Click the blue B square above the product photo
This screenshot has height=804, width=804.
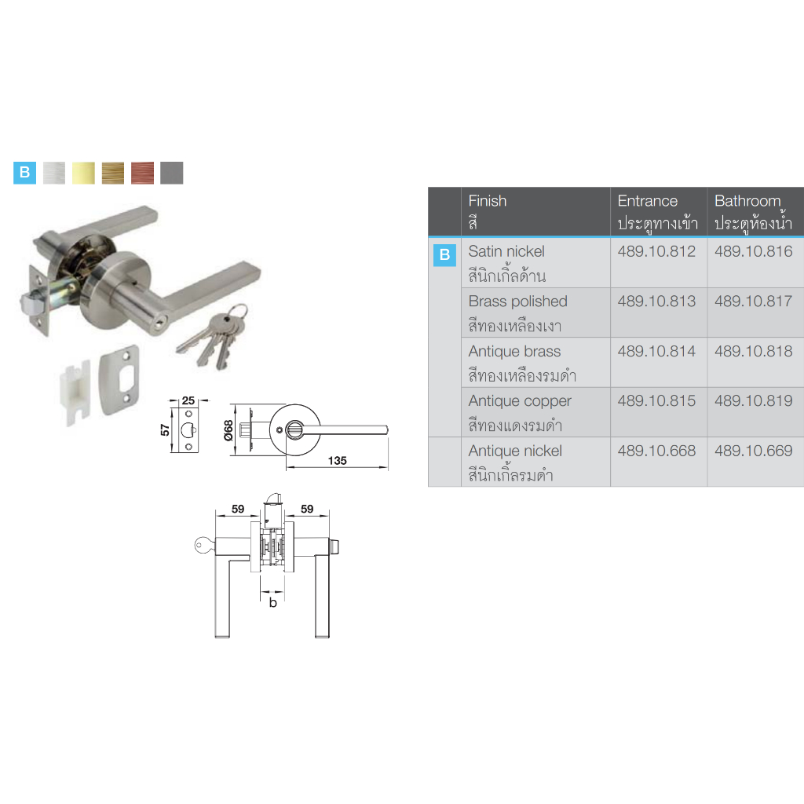point(24,173)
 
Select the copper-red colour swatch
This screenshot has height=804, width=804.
point(143,173)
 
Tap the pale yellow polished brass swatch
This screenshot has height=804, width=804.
point(83,173)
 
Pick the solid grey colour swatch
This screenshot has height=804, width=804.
point(172,173)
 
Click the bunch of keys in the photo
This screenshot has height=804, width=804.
point(214,335)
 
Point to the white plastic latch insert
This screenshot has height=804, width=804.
point(75,392)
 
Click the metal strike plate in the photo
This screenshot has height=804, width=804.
point(119,379)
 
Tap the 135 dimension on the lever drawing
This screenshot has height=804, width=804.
point(338,460)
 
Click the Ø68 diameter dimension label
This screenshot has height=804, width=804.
point(228,430)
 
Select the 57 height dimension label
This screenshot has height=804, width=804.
point(165,429)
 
